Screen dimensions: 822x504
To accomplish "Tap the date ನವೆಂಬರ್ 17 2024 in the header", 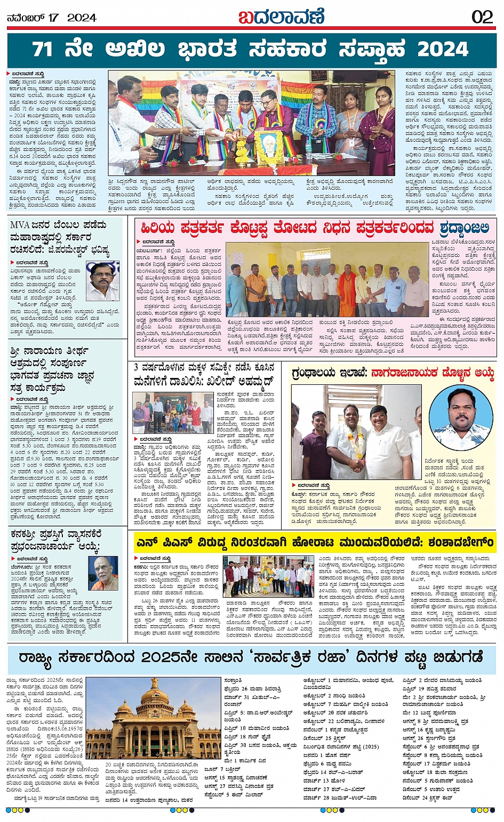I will coord(51,18).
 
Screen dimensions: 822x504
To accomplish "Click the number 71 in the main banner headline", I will coord(43,49).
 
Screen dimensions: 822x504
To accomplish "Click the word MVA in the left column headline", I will coord(19,225).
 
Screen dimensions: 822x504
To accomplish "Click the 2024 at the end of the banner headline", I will coord(443,49).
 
